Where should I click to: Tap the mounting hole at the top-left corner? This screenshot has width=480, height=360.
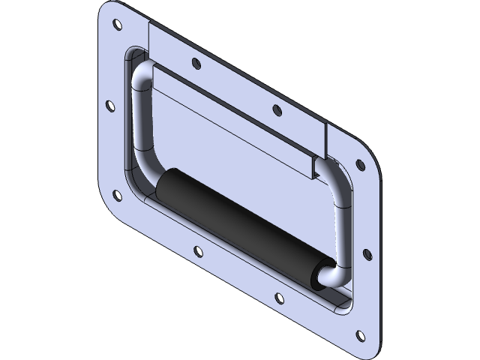pos(117,25)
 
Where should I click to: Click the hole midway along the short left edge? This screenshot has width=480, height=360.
pos(109,106)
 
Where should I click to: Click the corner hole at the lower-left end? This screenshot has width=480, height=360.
pos(117,196)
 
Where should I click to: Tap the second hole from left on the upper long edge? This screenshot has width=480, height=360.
pos(196,64)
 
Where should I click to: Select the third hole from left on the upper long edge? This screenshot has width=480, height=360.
pos(277,111)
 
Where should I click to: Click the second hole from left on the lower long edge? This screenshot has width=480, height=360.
pos(197,250)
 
